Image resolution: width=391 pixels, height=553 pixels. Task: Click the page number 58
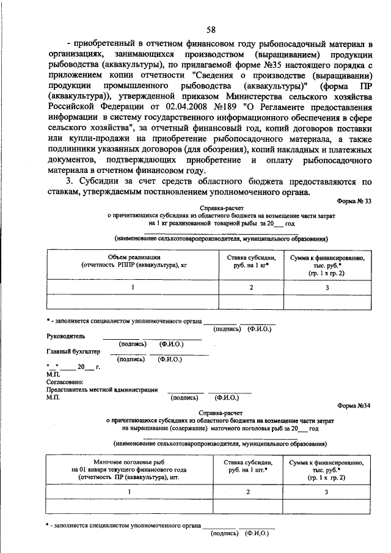pyautogui.click(x=210, y=30)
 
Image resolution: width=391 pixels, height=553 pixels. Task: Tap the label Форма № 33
pyautogui.click(x=354, y=201)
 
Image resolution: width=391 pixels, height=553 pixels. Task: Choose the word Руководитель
pyautogui.click(x=67, y=335)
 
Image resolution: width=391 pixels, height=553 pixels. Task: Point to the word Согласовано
pyautogui.click(x=65, y=381)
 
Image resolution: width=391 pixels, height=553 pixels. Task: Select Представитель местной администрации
pyautogui.click(x=102, y=389)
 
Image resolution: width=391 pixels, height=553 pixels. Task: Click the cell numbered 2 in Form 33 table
pyautogui.click(x=250, y=287)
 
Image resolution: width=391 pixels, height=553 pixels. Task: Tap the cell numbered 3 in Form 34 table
pyautogui.click(x=327, y=491)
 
